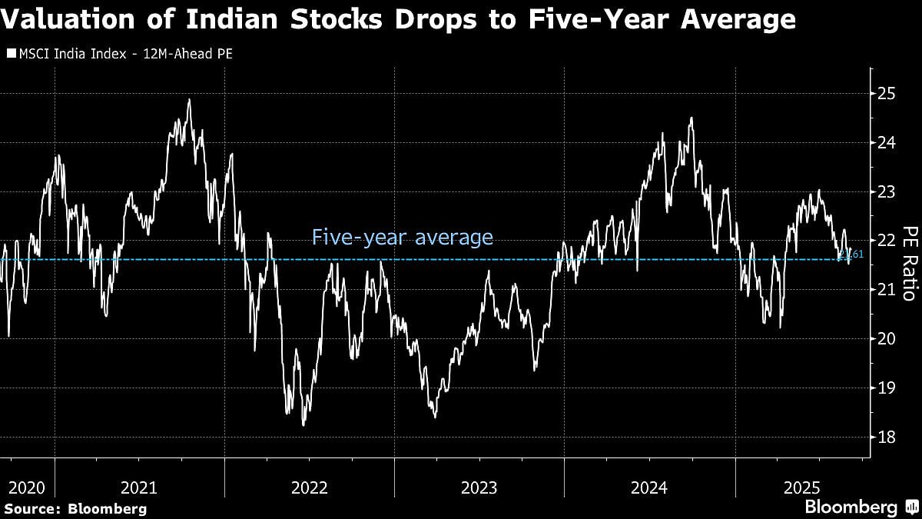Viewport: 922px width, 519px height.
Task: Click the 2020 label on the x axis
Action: pos(27,487)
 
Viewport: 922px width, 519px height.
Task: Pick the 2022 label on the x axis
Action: pos(309,487)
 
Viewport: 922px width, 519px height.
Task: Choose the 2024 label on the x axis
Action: pos(649,487)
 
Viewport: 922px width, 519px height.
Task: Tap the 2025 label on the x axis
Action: pos(803,487)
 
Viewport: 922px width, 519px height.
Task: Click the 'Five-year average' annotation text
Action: pos(402,238)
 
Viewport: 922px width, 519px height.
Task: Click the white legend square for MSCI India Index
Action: pos(11,54)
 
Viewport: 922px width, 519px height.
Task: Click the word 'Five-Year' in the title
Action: pos(587,19)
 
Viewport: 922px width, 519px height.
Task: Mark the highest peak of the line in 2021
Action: pos(189,99)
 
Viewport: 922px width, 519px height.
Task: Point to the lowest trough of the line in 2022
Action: pos(303,424)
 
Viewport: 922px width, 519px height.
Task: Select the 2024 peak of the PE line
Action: pos(691,118)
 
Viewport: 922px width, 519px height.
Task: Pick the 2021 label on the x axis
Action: pos(139,487)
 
